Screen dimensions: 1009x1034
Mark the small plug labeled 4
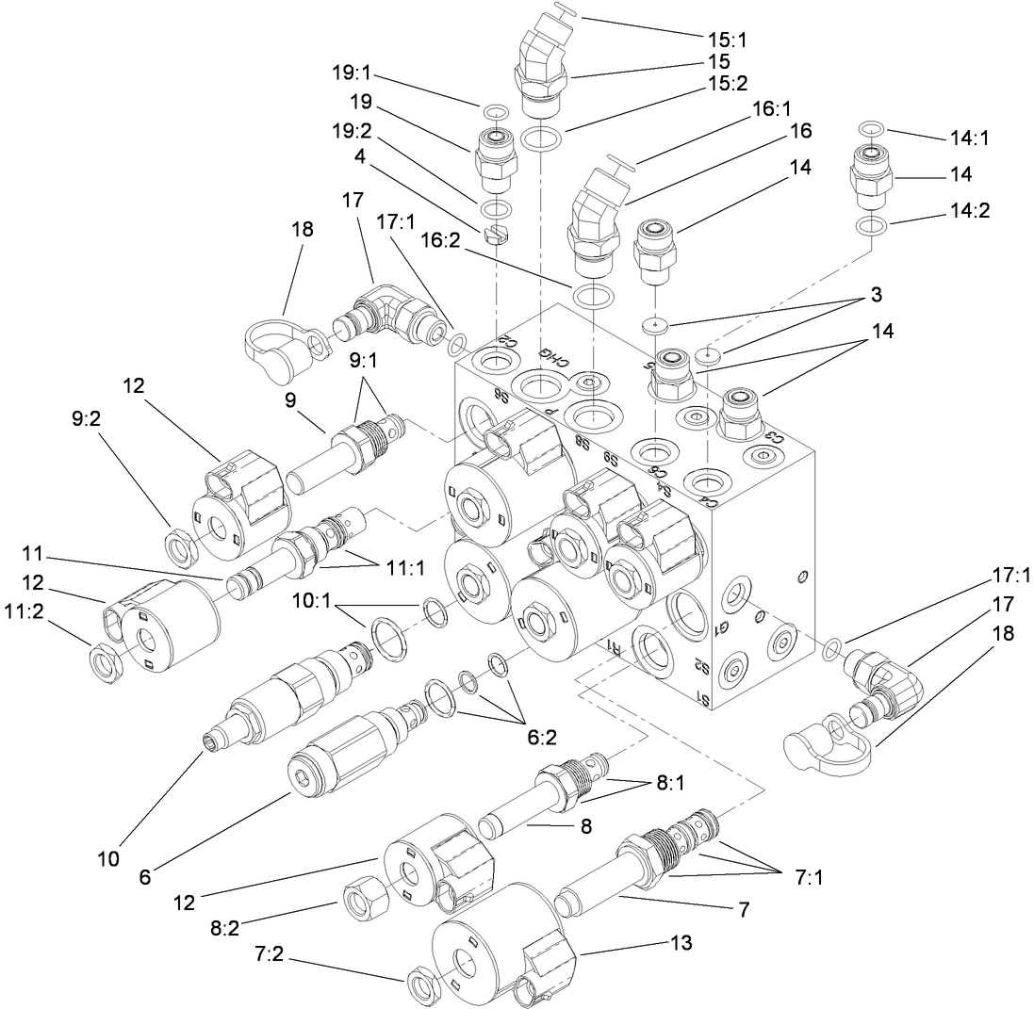click(x=496, y=235)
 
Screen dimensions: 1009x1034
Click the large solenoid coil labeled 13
click(x=503, y=946)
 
